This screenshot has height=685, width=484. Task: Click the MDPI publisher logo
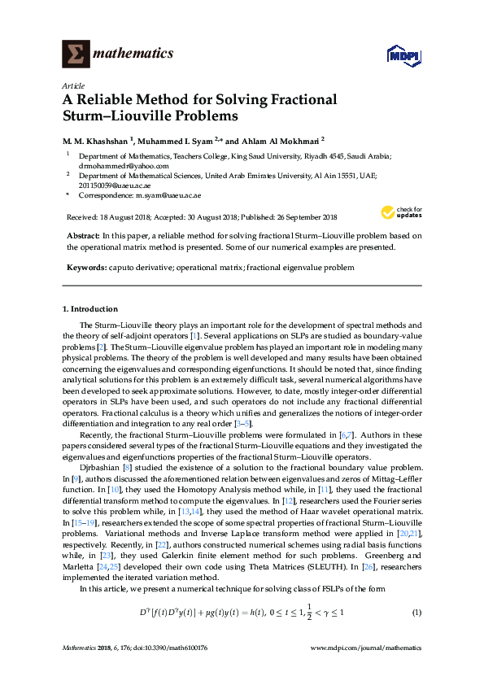click(x=404, y=55)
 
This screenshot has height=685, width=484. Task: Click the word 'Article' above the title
click(x=72, y=85)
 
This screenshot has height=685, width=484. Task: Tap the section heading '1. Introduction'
click(x=90, y=309)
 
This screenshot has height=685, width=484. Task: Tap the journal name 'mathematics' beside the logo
click(x=133, y=54)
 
